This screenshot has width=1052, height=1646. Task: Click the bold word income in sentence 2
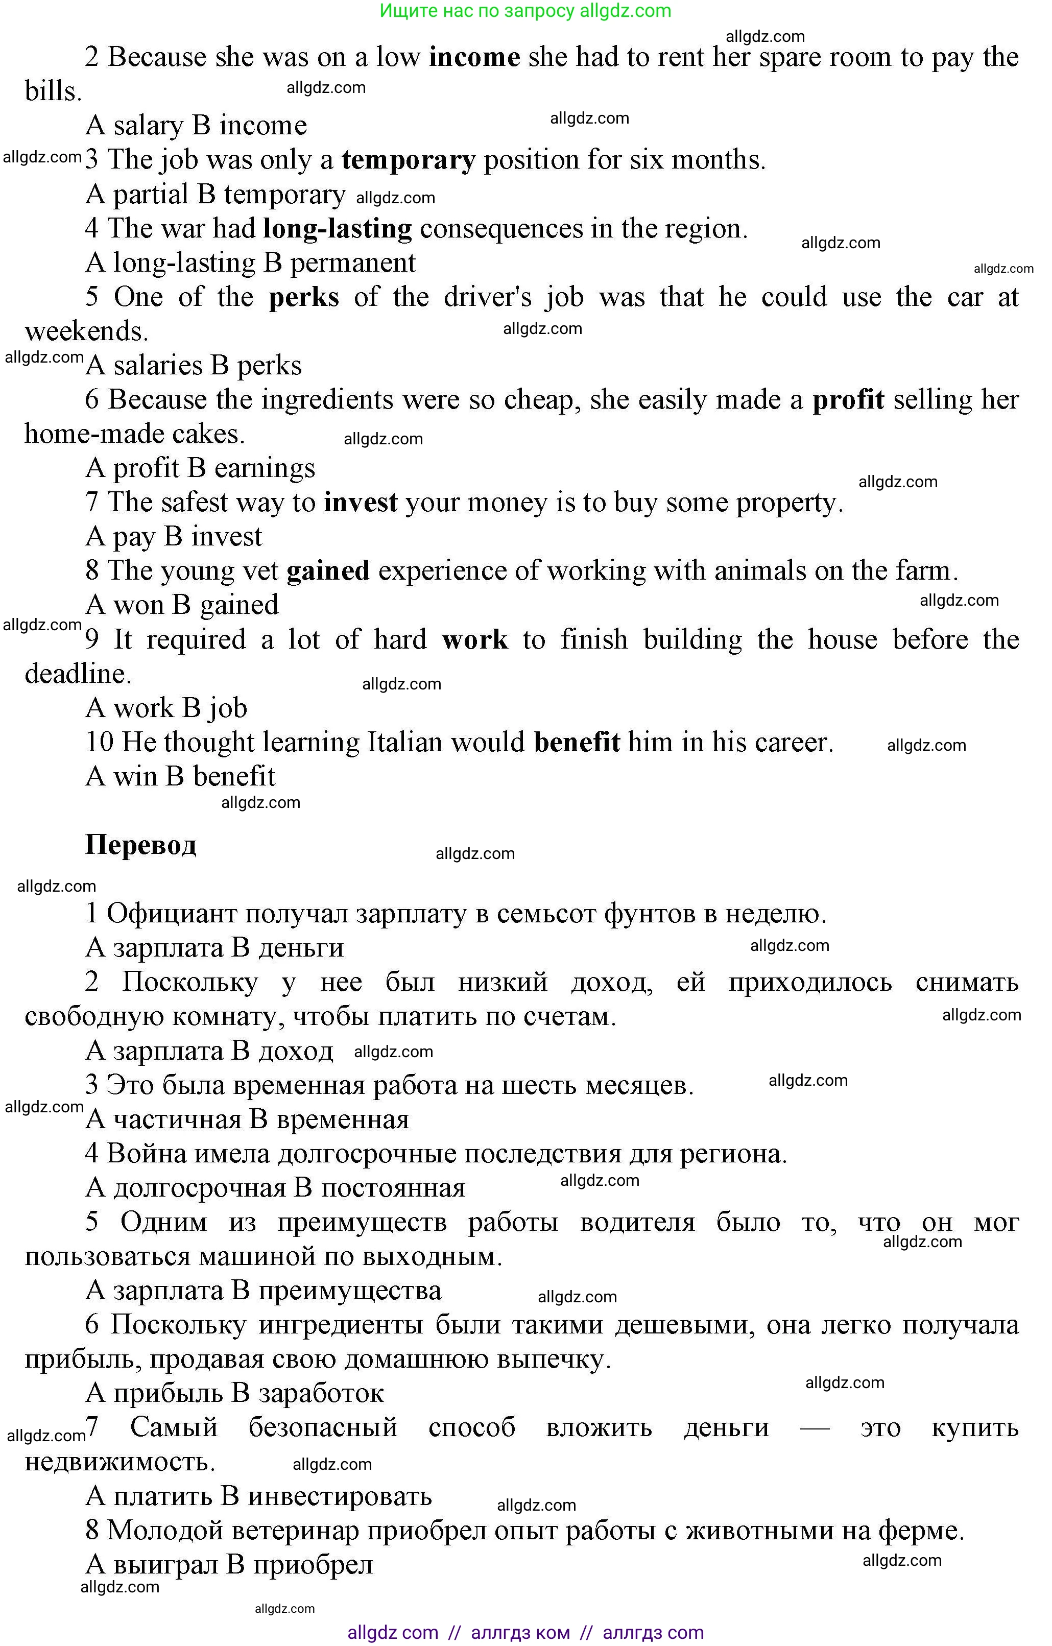coord(474,57)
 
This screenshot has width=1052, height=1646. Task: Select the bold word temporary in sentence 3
coord(408,160)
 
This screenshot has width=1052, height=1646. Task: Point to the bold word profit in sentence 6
coord(848,400)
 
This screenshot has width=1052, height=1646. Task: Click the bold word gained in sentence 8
coord(328,571)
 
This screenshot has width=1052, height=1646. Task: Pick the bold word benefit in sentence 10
coord(577,743)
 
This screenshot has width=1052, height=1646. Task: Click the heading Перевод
coord(141,846)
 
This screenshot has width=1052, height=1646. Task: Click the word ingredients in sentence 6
coord(327,400)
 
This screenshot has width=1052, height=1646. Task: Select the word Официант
coord(172,914)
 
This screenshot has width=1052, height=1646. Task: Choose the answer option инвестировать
coord(340,1496)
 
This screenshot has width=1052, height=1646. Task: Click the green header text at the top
coord(525,11)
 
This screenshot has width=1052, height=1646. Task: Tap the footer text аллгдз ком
coord(520,1633)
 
